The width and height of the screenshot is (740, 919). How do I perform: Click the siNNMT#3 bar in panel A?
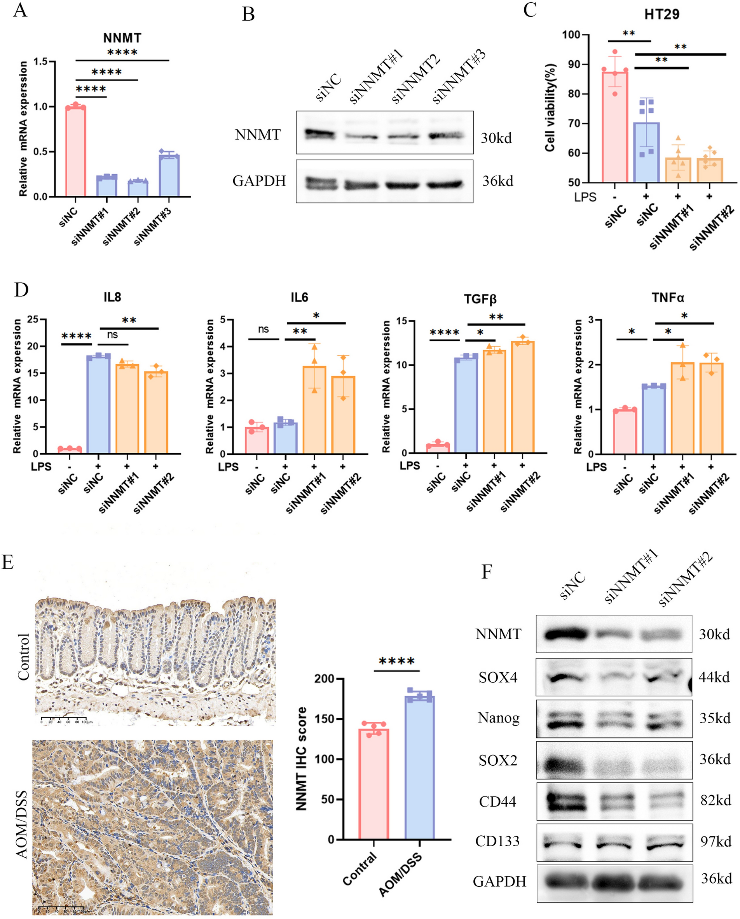click(169, 176)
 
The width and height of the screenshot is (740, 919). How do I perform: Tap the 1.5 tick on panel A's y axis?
click(40, 61)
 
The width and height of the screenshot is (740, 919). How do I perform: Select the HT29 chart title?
click(661, 14)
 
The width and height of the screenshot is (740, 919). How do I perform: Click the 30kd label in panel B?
click(496, 138)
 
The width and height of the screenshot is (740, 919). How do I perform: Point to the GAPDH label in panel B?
click(259, 181)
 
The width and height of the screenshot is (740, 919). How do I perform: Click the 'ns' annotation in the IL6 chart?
click(264, 329)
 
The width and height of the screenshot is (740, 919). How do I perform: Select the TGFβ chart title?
click(480, 299)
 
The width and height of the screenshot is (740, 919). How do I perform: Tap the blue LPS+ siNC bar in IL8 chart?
click(98, 405)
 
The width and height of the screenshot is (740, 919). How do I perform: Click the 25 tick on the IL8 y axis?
click(33, 319)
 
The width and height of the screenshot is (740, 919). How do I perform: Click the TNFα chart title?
click(668, 297)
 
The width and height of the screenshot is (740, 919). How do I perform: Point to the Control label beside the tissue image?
click(23, 657)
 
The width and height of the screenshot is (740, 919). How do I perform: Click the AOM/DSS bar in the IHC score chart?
click(419, 768)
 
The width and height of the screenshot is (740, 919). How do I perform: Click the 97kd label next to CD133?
click(716, 841)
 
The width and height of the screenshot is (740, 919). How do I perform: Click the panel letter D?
click(21, 290)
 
